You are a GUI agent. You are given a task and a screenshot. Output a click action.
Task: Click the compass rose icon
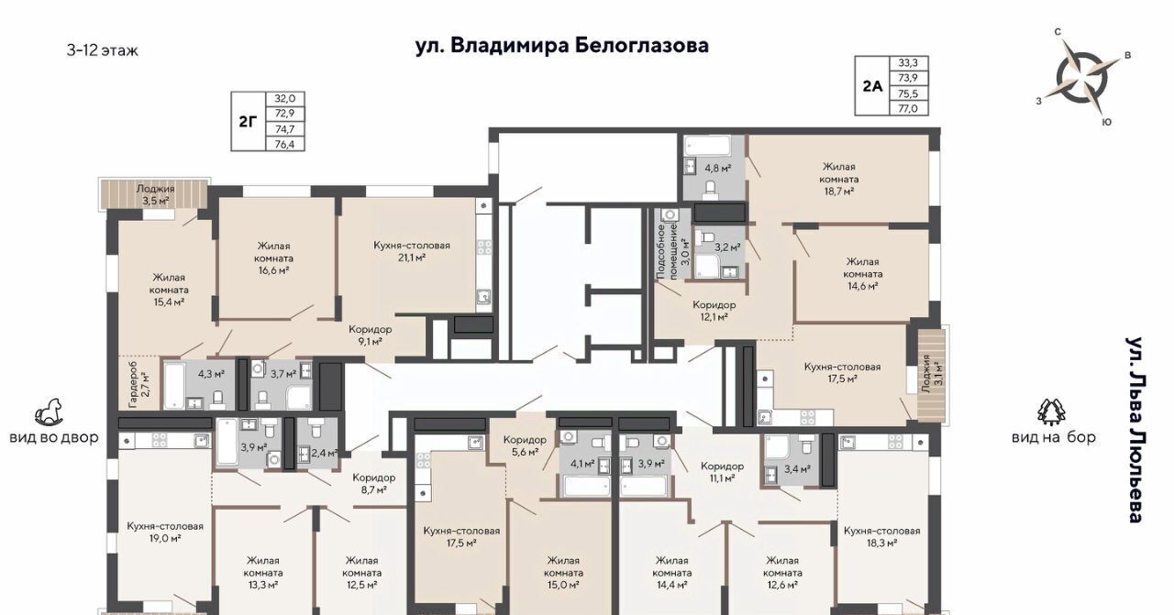[x=1081, y=78]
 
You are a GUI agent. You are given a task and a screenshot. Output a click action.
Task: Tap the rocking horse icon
[x=49, y=412]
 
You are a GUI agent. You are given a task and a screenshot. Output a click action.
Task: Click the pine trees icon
[x=1051, y=412]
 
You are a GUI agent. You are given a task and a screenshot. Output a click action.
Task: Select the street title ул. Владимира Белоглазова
[x=562, y=45]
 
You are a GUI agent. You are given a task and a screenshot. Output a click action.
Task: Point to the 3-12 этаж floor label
[x=102, y=50]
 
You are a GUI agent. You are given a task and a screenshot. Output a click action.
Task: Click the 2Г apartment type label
[x=249, y=122]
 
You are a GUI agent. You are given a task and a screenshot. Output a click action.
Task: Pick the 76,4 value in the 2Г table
[x=285, y=144]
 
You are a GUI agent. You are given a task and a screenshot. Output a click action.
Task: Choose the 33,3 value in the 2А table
[x=908, y=63]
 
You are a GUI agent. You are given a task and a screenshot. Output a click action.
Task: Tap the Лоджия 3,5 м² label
[x=155, y=194]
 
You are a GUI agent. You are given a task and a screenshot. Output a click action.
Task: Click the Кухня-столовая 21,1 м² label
[x=412, y=251]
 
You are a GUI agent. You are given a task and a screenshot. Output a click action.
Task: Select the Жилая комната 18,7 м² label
[x=838, y=179]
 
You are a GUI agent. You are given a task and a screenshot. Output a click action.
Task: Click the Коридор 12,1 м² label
[x=714, y=311]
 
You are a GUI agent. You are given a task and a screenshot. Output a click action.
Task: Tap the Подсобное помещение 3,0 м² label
[x=673, y=251]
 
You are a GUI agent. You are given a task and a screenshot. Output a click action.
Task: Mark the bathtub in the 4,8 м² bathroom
[x=707, y=146]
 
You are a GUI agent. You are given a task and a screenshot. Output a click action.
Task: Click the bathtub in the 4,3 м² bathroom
[x=174, y=386]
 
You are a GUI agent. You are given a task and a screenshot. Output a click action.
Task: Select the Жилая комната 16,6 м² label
[x=273, y=258]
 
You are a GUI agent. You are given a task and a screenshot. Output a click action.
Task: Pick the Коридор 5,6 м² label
[x=525, y=445]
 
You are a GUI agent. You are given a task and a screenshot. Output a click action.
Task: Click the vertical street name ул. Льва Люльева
[x=1135, y=430]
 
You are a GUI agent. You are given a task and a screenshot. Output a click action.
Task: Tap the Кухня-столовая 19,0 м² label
[x=165, y=532]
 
